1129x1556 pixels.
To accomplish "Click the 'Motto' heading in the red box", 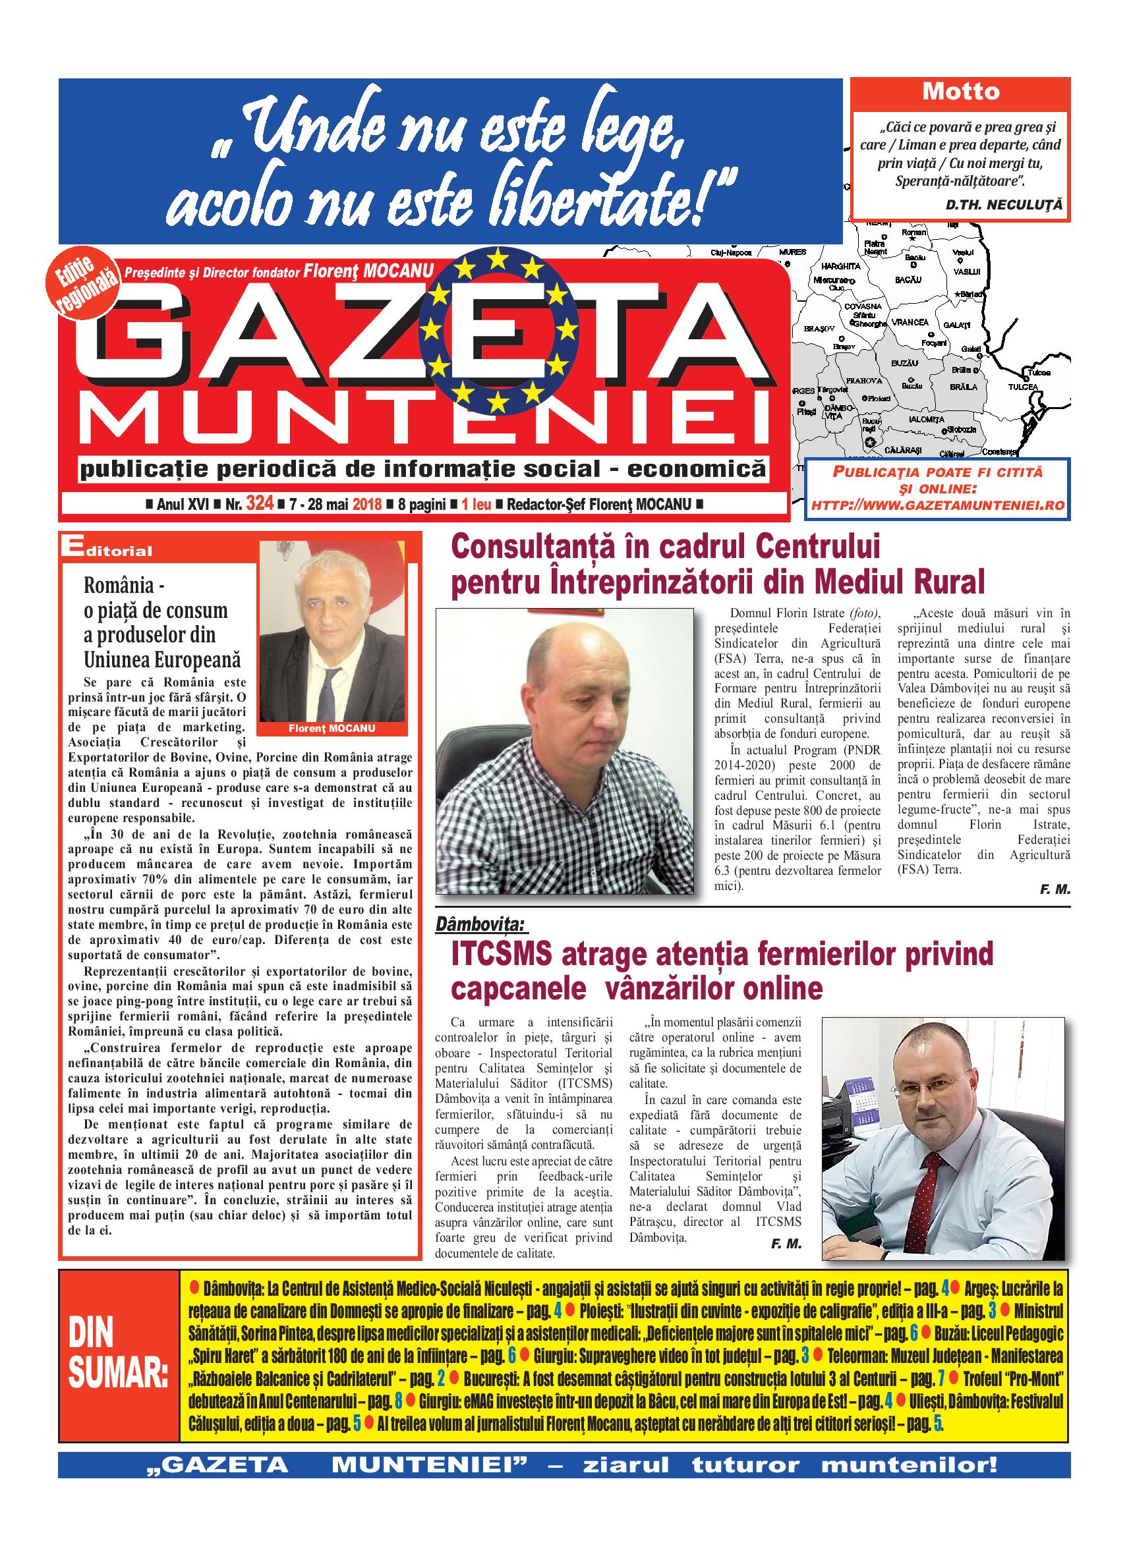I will pos(961,92).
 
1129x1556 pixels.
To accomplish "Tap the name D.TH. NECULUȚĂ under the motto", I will pos(1002,204).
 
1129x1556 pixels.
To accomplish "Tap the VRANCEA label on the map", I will pos(910,322).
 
